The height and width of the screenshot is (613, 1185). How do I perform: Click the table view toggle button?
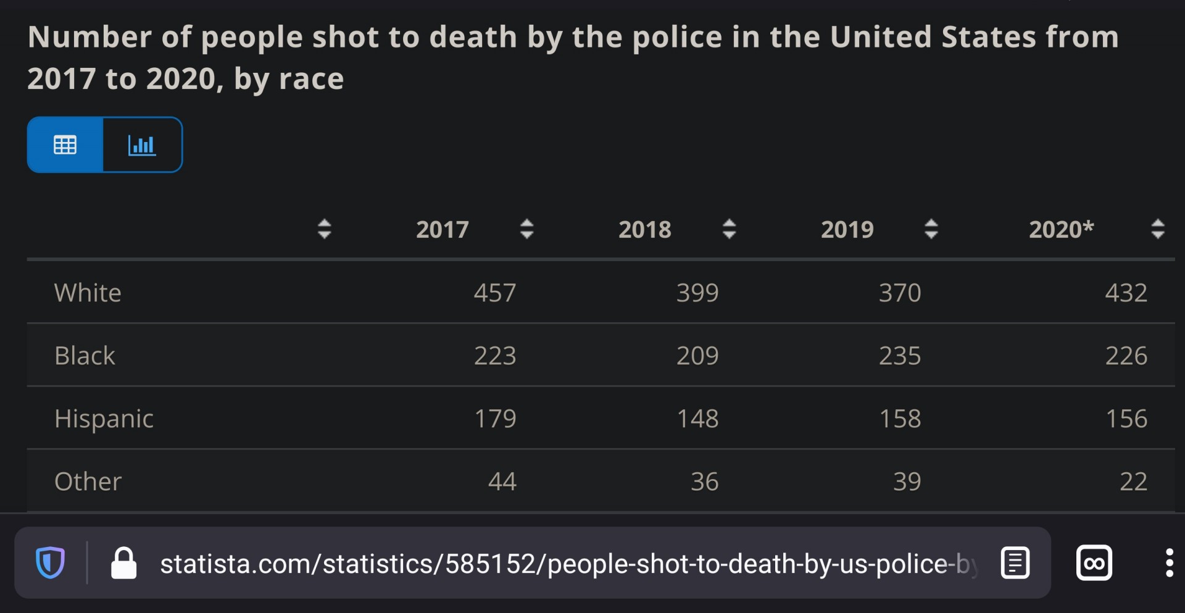65,145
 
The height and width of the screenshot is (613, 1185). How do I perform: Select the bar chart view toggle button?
143,145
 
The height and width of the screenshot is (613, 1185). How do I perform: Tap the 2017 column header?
443,230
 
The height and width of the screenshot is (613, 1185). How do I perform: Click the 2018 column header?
645,230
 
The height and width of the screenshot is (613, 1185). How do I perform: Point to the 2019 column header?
847,230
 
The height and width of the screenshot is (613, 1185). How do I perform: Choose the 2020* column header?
1062,230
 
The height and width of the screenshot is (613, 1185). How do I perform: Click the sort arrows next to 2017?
526,229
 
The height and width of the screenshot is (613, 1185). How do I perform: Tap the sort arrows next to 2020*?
1158,229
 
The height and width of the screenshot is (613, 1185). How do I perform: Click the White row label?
88,293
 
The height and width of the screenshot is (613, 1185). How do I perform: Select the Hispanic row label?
104,419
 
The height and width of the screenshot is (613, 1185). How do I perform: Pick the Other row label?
88,482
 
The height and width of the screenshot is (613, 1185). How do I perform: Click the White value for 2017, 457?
495,293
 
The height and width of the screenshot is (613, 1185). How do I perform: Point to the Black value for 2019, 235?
900,356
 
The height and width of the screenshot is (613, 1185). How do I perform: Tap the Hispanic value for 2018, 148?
697,419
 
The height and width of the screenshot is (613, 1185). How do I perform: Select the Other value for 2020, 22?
1134,482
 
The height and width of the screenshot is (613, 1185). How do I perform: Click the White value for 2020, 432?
1126,293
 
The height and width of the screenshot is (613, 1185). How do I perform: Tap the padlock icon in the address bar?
123,563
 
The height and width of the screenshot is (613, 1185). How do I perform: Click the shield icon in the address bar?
50,563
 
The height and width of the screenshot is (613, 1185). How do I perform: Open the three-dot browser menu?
1169,563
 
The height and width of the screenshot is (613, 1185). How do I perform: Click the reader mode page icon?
1015,563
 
